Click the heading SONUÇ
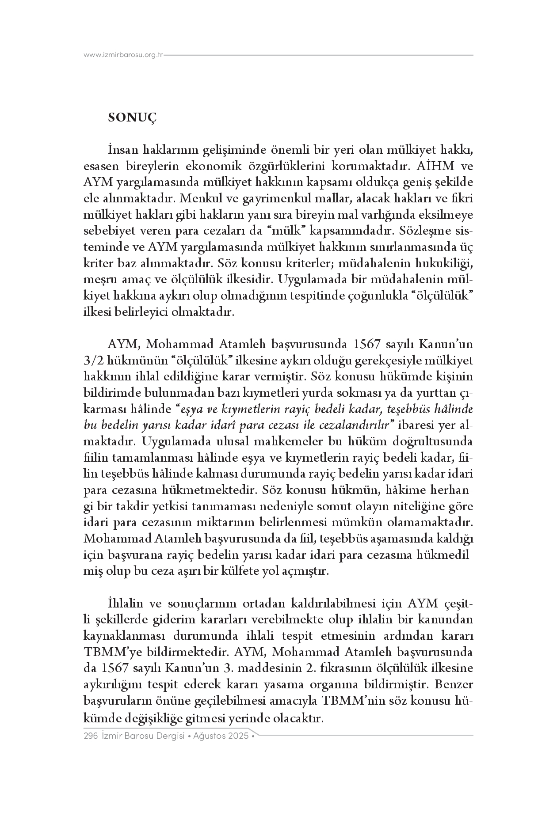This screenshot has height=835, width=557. [x=133, y=118]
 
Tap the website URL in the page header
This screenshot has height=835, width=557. [x=124, y=55]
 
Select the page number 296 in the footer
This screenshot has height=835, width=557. [x=90, y=736]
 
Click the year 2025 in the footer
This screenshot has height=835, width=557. [x=238, y=736]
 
